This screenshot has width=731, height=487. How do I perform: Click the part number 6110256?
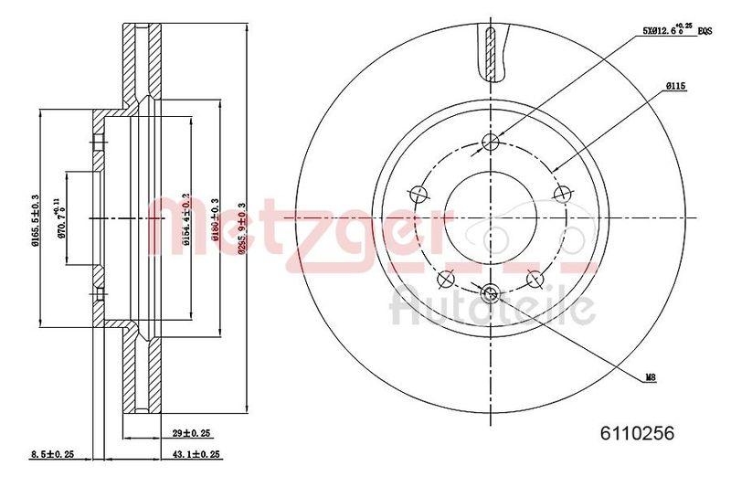pyautogui.click(x=638, y=435)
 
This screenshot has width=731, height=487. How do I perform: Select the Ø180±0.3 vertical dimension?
pyautogui.click(x=215, y=217)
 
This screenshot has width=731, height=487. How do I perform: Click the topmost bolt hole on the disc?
pyautogui.click(x=492, y=141)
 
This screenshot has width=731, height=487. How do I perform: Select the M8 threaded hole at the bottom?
pyautogui.click(x=492, y=293)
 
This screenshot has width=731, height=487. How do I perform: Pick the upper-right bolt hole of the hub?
pyautogui.click(x=563, y=193)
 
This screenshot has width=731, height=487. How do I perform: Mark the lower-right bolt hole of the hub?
pyautogui.click(x=536, y=278)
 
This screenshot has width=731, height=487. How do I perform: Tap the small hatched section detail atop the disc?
pyautogui.click(x=492, y=50)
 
